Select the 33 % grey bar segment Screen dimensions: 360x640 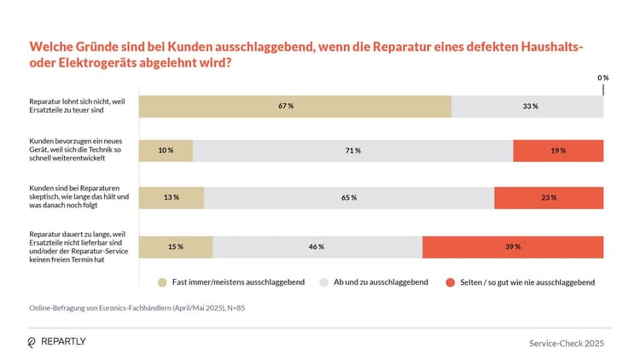click(527, 106)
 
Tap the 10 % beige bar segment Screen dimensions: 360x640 click(166, 150)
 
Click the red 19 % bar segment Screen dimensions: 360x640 click(558, 150)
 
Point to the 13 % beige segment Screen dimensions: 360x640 click(172, 197)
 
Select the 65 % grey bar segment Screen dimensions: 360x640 click(349, 197)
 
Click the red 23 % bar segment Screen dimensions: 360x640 click(549, 197)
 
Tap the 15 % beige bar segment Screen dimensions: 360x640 click(176, 247)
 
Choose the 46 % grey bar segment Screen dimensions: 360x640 click(317, 247)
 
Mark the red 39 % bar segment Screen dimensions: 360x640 click(513, 247)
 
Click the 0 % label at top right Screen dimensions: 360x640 click(602, 78)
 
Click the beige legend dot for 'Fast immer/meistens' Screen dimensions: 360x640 click(161, 282)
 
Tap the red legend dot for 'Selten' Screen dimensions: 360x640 click(449, 282)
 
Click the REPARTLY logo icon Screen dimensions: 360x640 click(32, 342)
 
